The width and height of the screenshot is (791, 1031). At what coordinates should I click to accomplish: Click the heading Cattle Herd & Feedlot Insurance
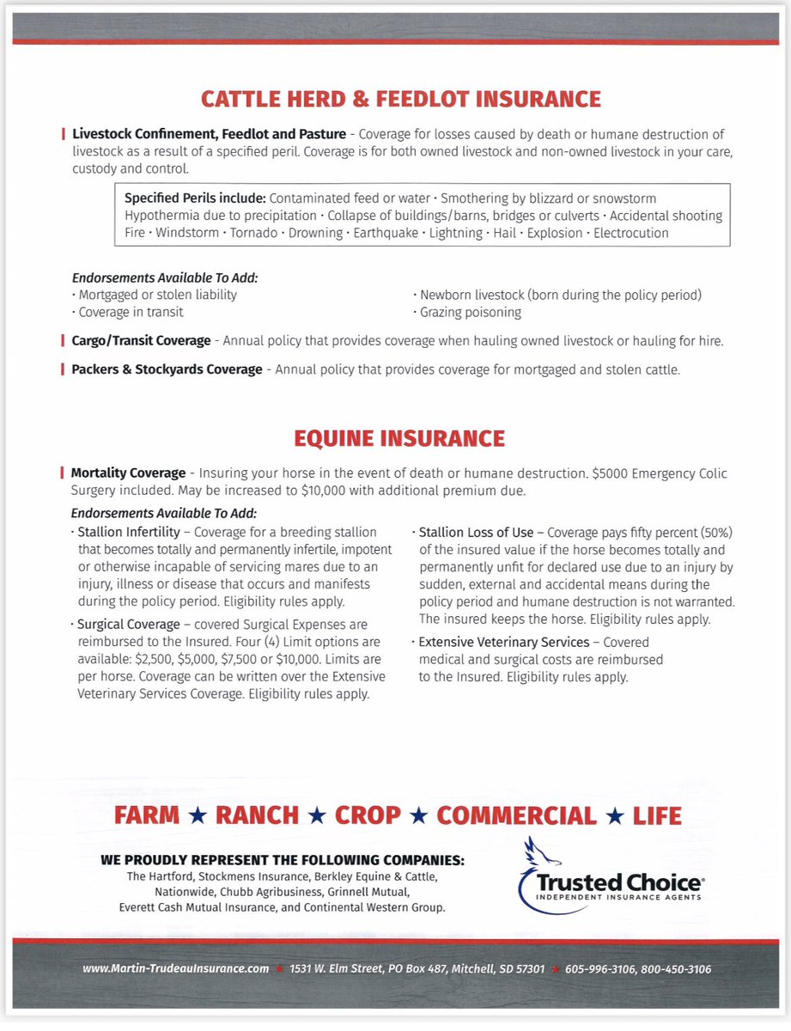(x=400, y=99)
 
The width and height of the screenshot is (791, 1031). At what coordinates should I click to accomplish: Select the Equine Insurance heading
(x=399, y=438)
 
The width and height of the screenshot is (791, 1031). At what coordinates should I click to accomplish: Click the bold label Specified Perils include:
(x=195, y=198)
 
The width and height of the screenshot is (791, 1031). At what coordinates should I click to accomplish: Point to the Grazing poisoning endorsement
(x=470, y=312)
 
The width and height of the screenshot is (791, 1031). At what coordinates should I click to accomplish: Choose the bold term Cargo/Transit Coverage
(x=141, y=341)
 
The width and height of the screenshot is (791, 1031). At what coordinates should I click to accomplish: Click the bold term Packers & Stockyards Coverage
(x=167, y=369)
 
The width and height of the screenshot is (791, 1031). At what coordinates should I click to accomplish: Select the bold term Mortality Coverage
(x=128, y=473)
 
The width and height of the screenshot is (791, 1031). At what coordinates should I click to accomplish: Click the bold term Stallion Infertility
(x=129, y=532)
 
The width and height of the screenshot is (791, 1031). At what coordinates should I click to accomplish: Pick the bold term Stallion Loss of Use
(x=476, y=532)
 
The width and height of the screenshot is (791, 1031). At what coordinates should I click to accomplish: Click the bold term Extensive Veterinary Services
(x=503, y=642)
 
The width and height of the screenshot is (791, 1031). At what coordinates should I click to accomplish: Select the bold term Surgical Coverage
(x=129, y=625)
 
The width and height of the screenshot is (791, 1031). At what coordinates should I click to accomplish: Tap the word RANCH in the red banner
(x=257, y=815)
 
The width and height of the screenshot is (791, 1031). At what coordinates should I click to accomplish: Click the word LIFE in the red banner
(x=657, y=815)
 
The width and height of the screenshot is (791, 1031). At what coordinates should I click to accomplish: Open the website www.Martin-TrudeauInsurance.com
(x=176, y=969)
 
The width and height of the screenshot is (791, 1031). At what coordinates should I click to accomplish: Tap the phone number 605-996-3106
(x=599, y=969)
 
